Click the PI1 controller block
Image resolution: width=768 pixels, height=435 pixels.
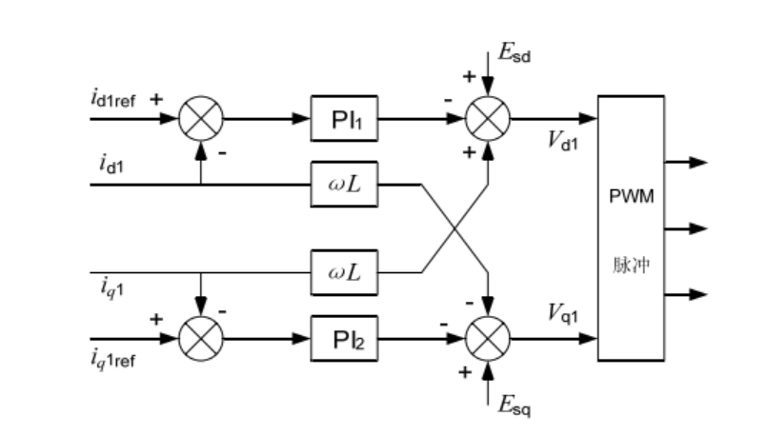345,119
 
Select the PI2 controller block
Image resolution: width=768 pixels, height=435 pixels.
345,337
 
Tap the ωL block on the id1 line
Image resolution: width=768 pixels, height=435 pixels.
345,183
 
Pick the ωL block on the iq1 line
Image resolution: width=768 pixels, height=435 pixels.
345,271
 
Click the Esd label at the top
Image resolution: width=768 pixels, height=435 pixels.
515,53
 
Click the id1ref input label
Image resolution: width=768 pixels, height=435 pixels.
114,98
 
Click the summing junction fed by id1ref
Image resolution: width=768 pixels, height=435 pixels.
201,119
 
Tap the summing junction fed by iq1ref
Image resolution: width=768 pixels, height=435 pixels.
201,337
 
